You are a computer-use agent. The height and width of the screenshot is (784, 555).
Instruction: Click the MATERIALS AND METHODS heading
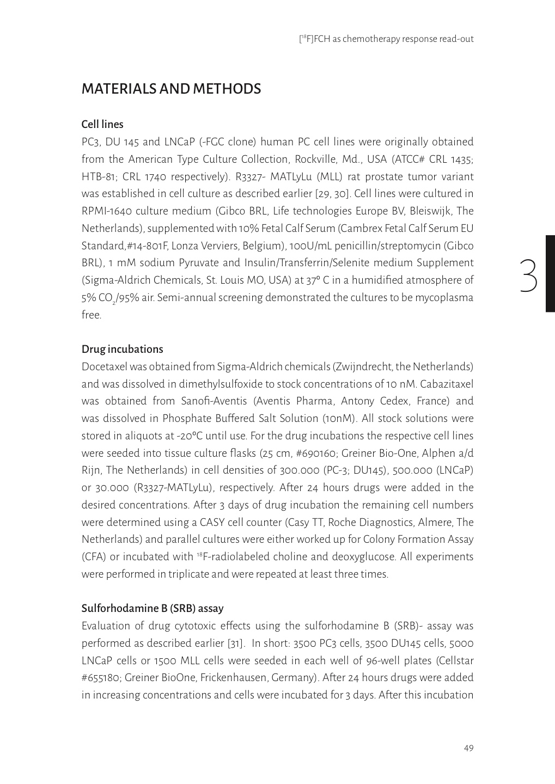[x=171, y=89]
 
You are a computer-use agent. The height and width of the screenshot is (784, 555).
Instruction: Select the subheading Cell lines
[x=102, y=124]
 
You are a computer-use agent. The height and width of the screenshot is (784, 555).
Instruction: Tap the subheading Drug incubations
[x=122, y=349]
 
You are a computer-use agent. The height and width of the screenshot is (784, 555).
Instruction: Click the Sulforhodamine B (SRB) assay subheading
[x=153, y=608]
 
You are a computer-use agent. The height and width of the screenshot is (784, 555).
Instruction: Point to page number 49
[x=468, y=748]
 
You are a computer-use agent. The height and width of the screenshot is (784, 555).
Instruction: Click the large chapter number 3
[x=528, y=277]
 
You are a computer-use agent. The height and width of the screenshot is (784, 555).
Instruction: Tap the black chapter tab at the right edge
[x=550, y=273]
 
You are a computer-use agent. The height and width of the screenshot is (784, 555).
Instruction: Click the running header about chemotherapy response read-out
[x=387, y=39]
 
